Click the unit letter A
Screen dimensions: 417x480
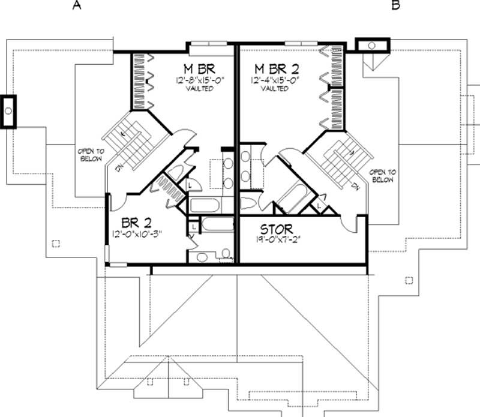tap(76, 5)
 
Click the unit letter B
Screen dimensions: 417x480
tap(395, 5)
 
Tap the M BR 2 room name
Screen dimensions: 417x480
tap(276, 67)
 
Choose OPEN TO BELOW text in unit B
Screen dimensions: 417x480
tap(382, 175)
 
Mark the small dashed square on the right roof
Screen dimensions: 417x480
tap(409, 280)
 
